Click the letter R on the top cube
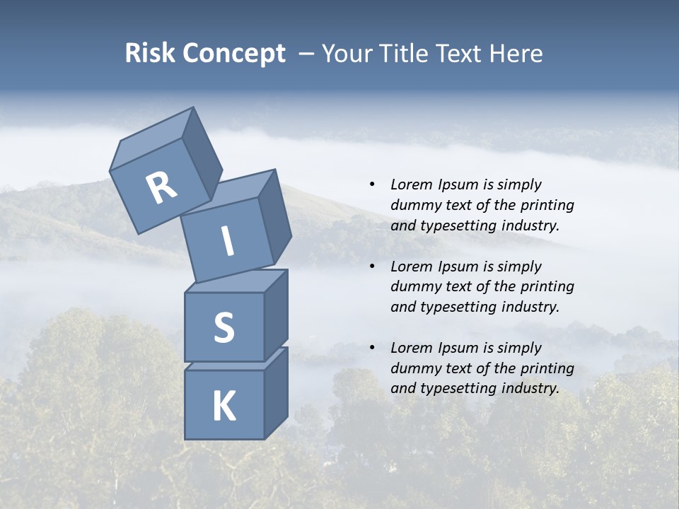click(x=161, y=188)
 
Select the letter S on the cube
click(x=224, y=327)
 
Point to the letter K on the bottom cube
click(x=224, y=406)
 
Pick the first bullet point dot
click(x=372, y=185)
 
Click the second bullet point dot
click(x=372, y=267)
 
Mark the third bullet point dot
click(x=372, y=348)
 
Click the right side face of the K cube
click(x=276, y=392)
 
